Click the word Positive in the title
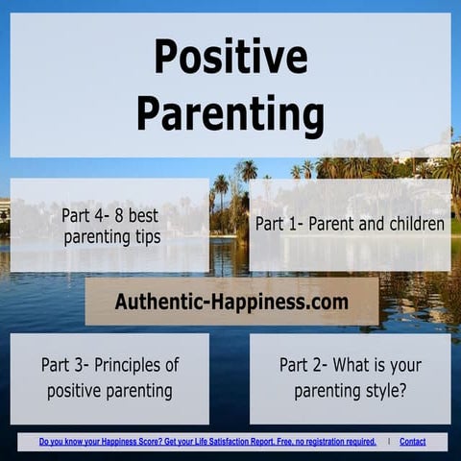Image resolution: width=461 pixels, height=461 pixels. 230,57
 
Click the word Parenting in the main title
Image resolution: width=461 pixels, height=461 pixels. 230,112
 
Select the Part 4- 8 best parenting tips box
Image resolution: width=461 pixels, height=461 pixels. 110,225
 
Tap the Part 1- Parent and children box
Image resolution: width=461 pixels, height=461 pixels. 350,225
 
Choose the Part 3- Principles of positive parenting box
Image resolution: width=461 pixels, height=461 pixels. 109,377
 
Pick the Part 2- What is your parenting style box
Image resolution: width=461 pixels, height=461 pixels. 350,377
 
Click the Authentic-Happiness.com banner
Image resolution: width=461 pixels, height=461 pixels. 231,302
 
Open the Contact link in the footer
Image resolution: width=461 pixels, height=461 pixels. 412,442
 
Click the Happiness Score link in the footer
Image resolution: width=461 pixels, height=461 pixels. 207,442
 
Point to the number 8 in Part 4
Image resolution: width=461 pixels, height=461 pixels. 123,215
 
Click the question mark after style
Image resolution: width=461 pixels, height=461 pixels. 405,391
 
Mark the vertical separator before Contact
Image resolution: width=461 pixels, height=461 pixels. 388,442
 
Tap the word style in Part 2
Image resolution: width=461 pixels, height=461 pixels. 381,391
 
